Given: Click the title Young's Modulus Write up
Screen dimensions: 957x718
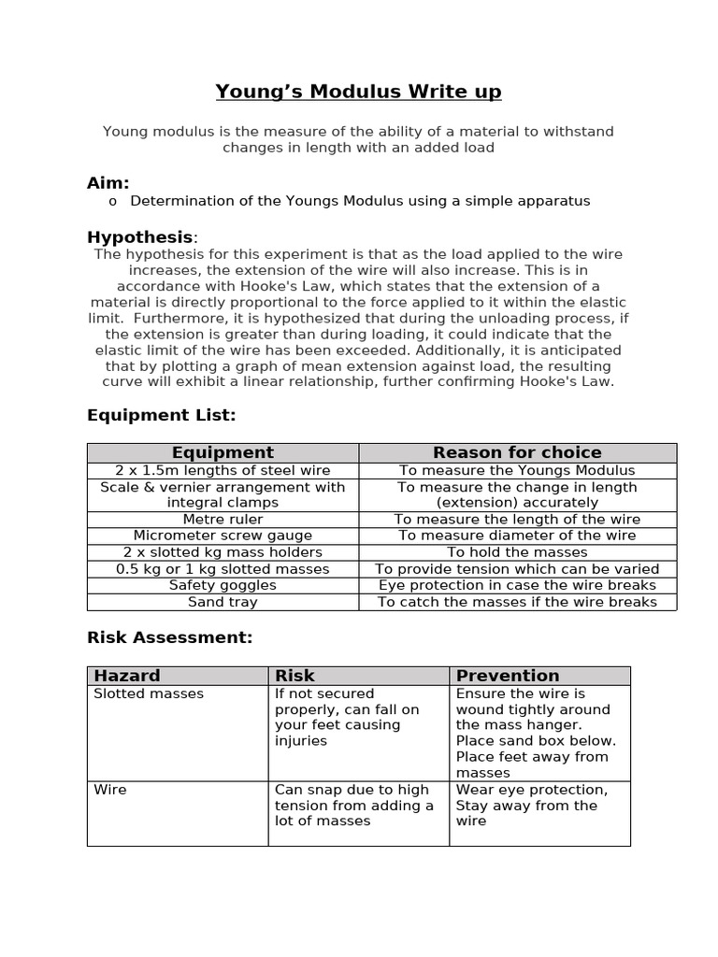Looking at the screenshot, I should coord(358,92).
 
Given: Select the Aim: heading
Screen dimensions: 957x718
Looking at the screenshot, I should coord(108,182).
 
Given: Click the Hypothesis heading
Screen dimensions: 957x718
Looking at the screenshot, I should coord(140,237).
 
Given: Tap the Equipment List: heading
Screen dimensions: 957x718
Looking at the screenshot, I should coord(161,414).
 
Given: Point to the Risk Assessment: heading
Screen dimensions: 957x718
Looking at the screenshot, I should coord(169,637).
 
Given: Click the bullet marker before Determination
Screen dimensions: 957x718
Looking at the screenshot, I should coord(112,201).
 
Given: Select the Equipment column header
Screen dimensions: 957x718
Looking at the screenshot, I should coord(223,452).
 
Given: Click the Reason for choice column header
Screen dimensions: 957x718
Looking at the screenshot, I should coord(517,452).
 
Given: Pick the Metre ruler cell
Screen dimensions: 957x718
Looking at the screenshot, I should coord(223,519).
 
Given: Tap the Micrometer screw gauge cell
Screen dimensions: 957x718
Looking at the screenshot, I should coord(223,536).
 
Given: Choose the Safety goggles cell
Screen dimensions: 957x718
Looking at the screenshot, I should coord(223,585).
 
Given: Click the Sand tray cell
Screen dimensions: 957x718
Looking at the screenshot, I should coord(223,602).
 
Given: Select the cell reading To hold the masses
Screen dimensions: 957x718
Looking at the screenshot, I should coord(517,552).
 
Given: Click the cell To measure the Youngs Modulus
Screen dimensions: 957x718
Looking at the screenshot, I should coord(517,470).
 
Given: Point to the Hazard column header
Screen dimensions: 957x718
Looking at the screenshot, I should coord(127,675).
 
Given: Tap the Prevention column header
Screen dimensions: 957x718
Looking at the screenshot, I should coord(508,675).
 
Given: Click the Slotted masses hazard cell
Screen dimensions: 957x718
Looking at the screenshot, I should coord(149,693).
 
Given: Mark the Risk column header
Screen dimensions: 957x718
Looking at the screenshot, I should coord(294,675).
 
